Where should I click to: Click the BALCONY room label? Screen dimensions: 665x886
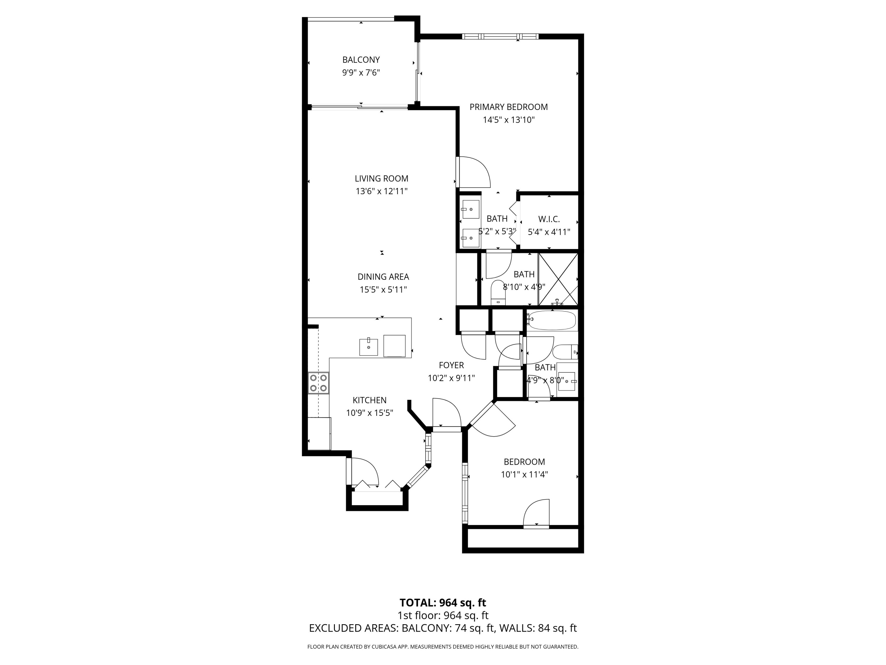361,60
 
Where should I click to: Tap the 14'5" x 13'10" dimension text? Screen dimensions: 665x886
508,120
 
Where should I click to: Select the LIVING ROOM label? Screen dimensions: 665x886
381,179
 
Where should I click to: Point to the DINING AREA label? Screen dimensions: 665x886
383,277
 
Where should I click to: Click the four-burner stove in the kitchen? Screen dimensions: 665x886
318,382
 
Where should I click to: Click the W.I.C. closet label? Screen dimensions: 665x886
549,219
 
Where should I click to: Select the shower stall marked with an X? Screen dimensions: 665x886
558,279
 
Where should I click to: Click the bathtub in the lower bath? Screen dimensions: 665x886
552,320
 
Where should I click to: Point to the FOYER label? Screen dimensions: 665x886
451,365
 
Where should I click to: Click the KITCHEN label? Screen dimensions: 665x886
369,400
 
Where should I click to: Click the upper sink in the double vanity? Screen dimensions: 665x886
471,209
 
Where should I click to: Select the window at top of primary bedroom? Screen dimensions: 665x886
500,36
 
